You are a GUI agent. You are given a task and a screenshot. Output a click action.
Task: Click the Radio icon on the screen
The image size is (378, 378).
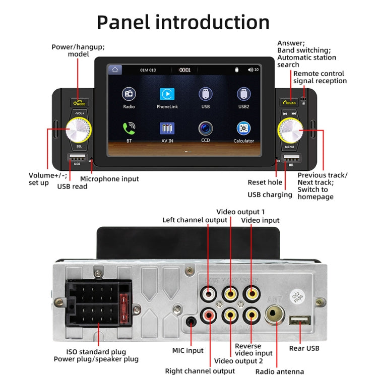click(x=129, y=94)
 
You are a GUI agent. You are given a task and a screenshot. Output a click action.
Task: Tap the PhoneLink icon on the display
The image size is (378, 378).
click(x=167, y=94)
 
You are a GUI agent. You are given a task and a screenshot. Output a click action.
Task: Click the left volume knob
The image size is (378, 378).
click(x=79, y=132)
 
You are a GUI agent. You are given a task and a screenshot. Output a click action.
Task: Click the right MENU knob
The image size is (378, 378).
click(x=290, y=132)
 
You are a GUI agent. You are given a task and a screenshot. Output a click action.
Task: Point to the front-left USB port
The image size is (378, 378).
click(x=77, y=158)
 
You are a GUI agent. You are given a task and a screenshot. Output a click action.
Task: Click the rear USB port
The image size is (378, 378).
click(x=300, y=321)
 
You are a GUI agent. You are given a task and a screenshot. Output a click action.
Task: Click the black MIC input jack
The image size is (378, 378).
click(x=191, y=322)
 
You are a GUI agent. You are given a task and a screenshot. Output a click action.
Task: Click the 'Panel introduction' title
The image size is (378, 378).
click(x=183, y=22)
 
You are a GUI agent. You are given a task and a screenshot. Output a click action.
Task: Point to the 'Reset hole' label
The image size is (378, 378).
click(x=265, y=182)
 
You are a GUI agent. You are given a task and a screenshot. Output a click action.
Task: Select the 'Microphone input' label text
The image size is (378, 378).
click(x=109, y=179)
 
